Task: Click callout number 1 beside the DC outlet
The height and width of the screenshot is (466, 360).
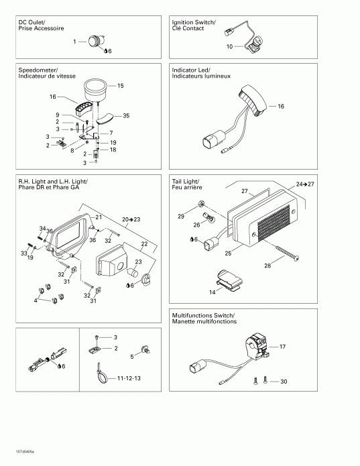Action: coord(74,42)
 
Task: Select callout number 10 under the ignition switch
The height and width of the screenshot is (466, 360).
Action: coord(229,47)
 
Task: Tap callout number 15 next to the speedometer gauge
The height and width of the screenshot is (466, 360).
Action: coord(121,86)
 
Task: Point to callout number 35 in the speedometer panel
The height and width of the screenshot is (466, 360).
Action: coord(126,116)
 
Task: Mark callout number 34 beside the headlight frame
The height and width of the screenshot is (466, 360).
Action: coord(42,229)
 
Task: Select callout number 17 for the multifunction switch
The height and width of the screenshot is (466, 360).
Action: coord(282,347)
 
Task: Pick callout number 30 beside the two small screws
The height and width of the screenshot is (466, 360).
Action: coord(283,382)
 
